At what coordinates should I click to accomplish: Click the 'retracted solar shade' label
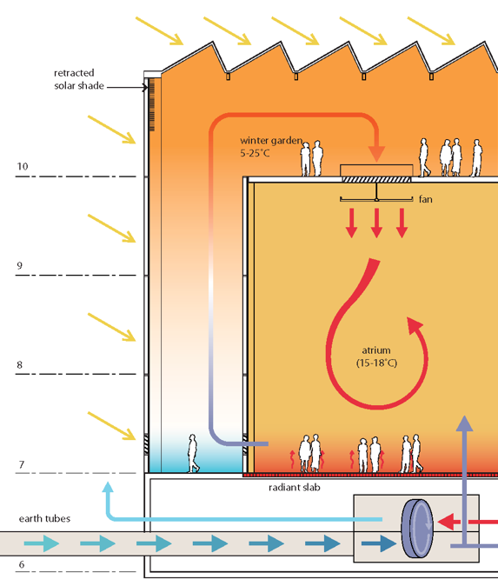(79, 79)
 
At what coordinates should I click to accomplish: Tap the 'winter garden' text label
(271, 141)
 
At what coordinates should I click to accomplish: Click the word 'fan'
(426, 199)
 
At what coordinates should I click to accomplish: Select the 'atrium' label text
(376, 350)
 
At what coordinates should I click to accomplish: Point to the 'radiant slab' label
(295, 488)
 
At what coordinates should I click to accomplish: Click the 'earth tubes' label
(44, 518)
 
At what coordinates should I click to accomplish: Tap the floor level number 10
(23, 166)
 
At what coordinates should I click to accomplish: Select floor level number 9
(20, 265)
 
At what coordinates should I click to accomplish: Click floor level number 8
(19, 365)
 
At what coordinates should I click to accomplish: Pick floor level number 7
(22, 464)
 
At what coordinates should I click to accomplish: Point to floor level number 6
(22, 564)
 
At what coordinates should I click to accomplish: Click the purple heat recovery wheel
(417, 529)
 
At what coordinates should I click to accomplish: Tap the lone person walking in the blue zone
(193, 453)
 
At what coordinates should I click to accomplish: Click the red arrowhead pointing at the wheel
(445, 522)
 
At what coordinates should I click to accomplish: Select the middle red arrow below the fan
(376, 223)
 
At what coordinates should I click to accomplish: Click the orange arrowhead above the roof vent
(376, 154)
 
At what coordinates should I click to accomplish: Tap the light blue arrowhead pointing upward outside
(108, 487)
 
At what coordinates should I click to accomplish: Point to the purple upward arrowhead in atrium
(464, 423)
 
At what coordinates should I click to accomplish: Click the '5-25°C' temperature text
(255, 153)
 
